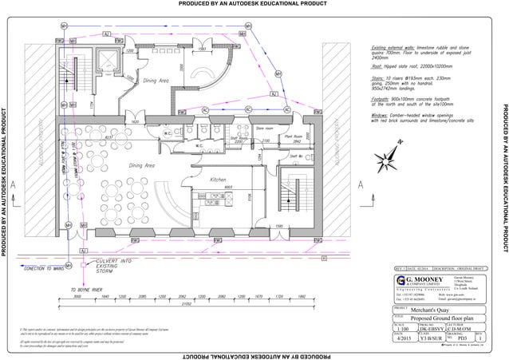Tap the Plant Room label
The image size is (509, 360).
294,136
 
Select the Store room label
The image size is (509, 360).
264,128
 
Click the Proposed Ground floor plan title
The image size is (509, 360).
440,317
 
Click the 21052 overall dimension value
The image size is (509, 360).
186,304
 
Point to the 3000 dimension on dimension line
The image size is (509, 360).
78,295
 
